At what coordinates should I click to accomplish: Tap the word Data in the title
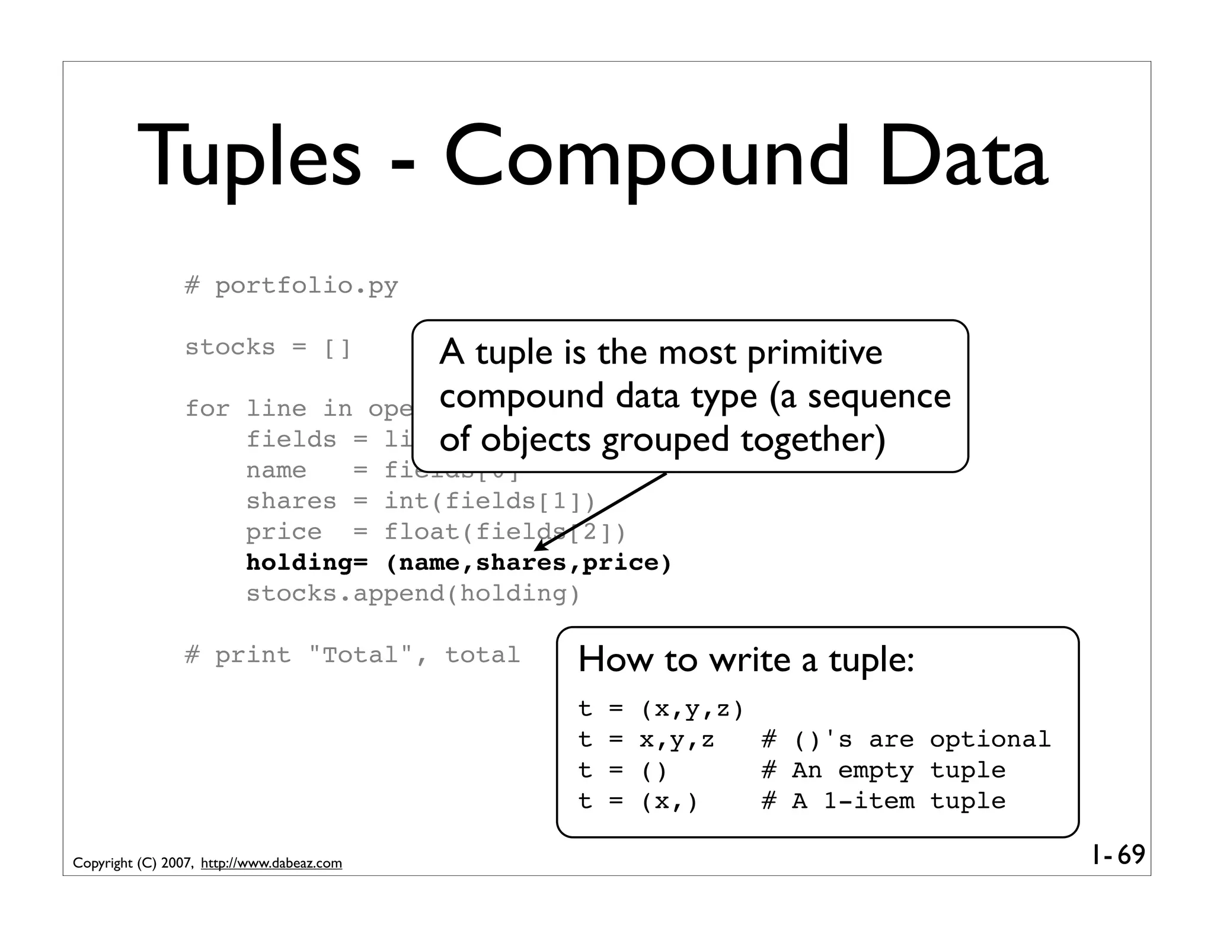coord(963,158)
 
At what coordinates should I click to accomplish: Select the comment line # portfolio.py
coord(291,286)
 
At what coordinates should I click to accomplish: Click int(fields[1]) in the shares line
coord(490,502)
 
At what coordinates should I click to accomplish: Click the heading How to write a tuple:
coord(746,660)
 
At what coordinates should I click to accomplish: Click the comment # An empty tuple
coord(883,771)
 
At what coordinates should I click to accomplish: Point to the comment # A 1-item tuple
coord(883,801)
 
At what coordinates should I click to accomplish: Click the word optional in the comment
coord(989,740)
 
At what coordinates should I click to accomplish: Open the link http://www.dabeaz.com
coord(271,864)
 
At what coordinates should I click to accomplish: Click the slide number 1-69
coord(1118,855)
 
